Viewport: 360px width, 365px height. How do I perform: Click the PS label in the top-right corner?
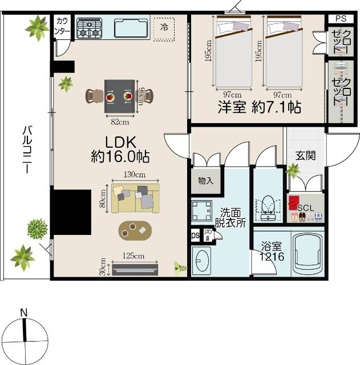tap(341, 19)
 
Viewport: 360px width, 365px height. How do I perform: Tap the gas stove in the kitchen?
tap(88, 29)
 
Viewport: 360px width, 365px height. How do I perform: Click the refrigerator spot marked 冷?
tap(165, 27)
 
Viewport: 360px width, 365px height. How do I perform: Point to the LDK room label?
tap(120, 148)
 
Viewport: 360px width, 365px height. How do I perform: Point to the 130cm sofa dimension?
tap(135, 175)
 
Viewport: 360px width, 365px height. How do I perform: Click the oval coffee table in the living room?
tap(136, 230)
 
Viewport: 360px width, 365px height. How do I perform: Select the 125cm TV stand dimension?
tap(135, 255)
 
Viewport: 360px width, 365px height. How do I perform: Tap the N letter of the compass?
tap(24, 313)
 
